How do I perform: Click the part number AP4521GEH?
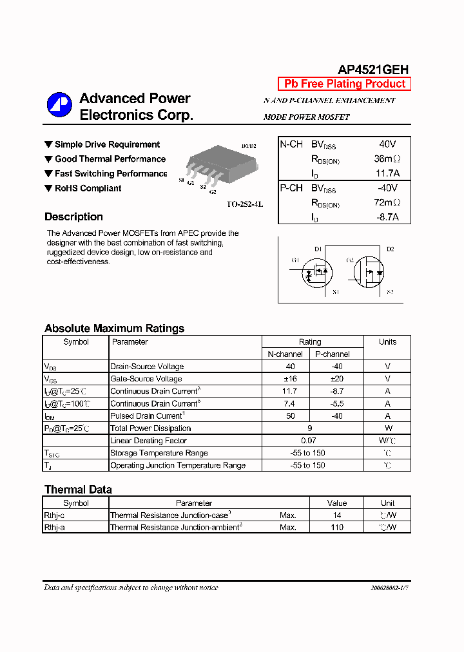[x=373, y=70]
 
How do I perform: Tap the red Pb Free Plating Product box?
[x=344, y=84]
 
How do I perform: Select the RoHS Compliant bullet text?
[x=88, y=188]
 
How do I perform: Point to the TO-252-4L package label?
[x=245, y=204]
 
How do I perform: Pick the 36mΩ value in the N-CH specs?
[x=387, y=158]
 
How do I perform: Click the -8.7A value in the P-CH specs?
[x=387, y=217]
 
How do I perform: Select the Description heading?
[x=73, y=216]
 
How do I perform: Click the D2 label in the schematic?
[x=390, y=249]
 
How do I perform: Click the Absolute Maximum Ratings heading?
[x=114, y=328]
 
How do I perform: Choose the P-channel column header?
[x=333, y=354]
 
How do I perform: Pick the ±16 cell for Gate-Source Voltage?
[x=290, y=379]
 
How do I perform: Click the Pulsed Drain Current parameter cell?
[x=148, y=416]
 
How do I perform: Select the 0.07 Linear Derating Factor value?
[x=309, y=441]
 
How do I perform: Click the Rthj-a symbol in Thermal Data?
[x=54, y=527]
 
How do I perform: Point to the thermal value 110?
[x=336, y=527]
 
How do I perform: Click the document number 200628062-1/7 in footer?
[x=389, y=588]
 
